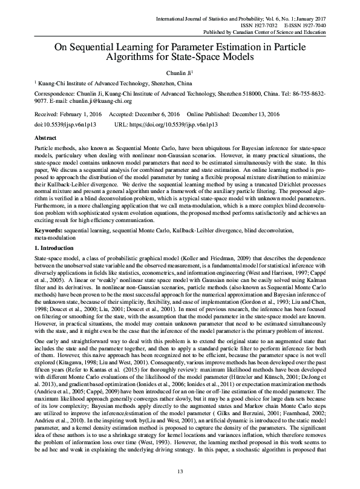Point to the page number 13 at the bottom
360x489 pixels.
click(x=180, y=472)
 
